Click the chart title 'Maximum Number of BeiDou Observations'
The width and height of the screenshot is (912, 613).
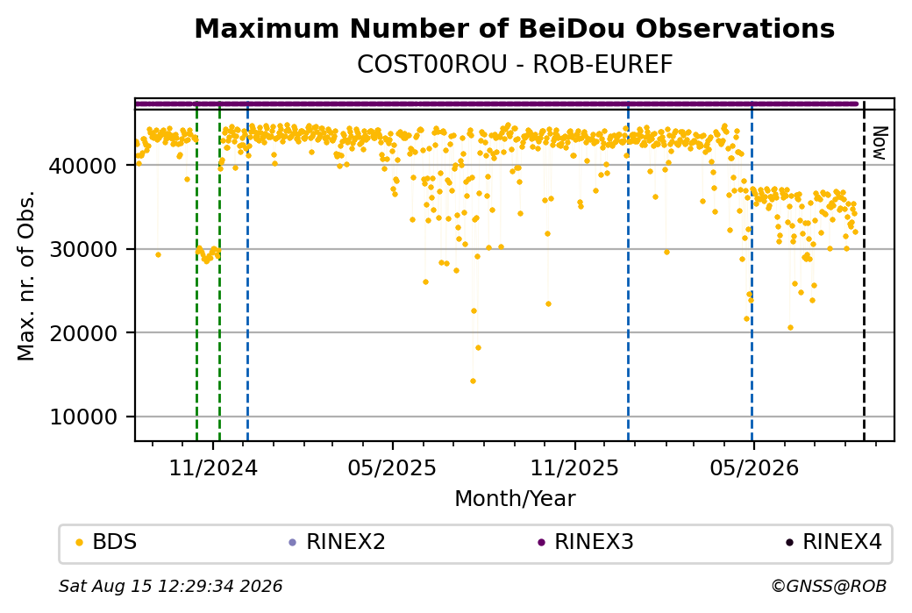point(514,28)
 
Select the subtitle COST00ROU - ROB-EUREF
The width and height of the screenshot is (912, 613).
point(514,65)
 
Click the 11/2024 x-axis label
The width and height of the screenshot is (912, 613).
point(213,467)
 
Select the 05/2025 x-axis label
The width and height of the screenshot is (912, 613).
point(393,467)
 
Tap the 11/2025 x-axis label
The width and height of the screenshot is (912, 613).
point(574,467)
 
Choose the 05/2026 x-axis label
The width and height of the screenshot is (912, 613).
point(754,467)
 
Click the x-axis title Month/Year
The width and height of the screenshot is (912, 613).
point(515,498)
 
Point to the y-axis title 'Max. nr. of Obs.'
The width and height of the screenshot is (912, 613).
point(26,275)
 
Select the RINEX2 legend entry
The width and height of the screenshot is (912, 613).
point(338,542)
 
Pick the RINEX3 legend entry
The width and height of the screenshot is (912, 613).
point(586,542)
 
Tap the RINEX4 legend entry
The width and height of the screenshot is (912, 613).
point(834,542)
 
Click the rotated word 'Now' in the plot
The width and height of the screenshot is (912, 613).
point(880,143)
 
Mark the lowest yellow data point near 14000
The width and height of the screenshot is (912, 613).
point(473,381)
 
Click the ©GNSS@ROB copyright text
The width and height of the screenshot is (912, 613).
point(829,586)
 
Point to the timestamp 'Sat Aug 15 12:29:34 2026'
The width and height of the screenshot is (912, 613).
point(170,586)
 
